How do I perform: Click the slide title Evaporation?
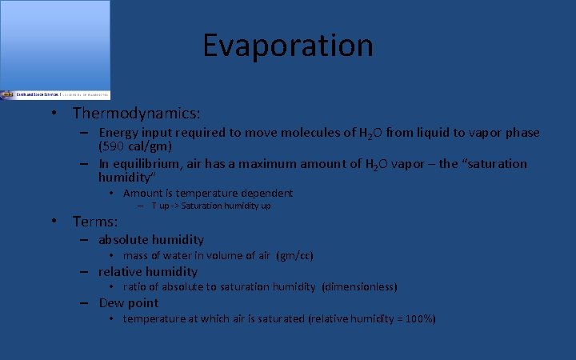(x=288, y=46)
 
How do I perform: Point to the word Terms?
(x=94, y=222)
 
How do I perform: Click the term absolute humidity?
(x=151, y=239)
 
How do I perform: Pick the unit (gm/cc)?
(x=294, y=256)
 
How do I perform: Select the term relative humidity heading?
(x=148, y=271)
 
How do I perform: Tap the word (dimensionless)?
(x=359, y=286)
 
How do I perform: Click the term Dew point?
(x=129, y=302)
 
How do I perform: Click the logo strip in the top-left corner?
(x=55, y=94)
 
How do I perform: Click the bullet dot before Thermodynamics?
(x=53, y=114)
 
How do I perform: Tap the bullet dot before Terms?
(x=53, y=222)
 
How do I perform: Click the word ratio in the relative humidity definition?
(x=134, y=286)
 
